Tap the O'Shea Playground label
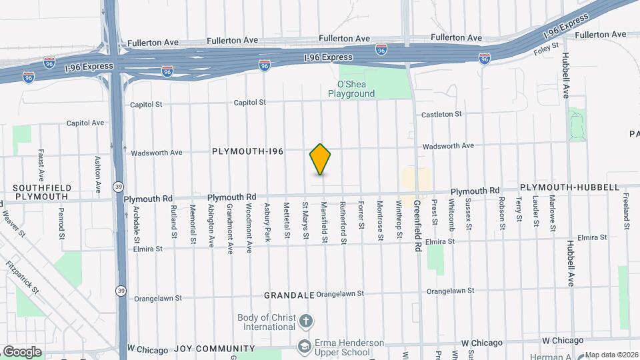click(x=351, y=89)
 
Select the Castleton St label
click(x=441, y=115)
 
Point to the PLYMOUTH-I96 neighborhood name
click(x=248, y=152)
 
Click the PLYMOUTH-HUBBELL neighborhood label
click(x=570, y=188)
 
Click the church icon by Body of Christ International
click(x=305, y=322)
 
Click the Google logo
click(x=22, y=352)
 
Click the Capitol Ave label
click(x=85, y=123)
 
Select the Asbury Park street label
click(x=267, y=221)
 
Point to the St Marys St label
click(x=305, y=220)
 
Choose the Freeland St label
click(x=627, y=207)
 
